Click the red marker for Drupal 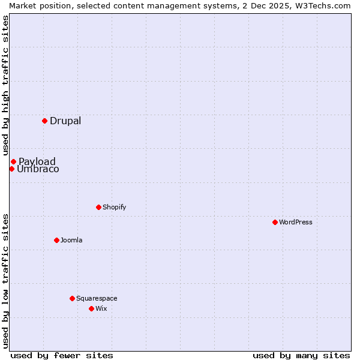tap(44, 121)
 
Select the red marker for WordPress tap(275, 222)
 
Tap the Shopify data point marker tap(98, 207)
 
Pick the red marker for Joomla tap(56, 240)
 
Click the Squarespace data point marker tap(72, 298)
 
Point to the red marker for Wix tap(91, 308)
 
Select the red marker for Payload tap(13, 161)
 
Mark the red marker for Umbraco tap(11, 169)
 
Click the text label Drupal tap(65, 121)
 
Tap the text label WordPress tap(295, 222)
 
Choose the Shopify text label tap(114, 207)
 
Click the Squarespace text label tap(97, 298)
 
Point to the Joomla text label tap(71, 240)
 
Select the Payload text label tap(37, 161)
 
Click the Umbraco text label tap(38, 169)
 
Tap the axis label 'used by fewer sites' tap(62, 355)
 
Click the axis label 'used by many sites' tap(301, 355)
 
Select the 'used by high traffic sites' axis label tap(5, 85)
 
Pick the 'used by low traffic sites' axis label tap(5, 280)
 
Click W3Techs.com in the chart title tap(322, 5)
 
